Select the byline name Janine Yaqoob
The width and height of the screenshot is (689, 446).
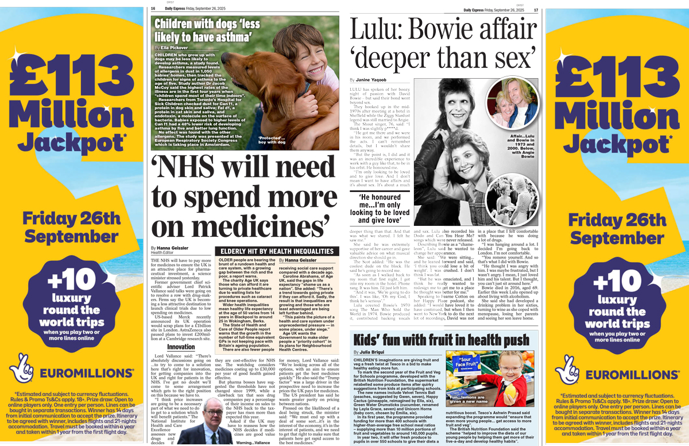[x=374, y=79]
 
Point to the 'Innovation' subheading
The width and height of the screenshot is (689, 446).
[x=181, y=347]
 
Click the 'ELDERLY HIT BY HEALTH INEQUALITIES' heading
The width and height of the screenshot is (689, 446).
[x=277, y=251]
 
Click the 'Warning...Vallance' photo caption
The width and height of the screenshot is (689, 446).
[x=254, y=442]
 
